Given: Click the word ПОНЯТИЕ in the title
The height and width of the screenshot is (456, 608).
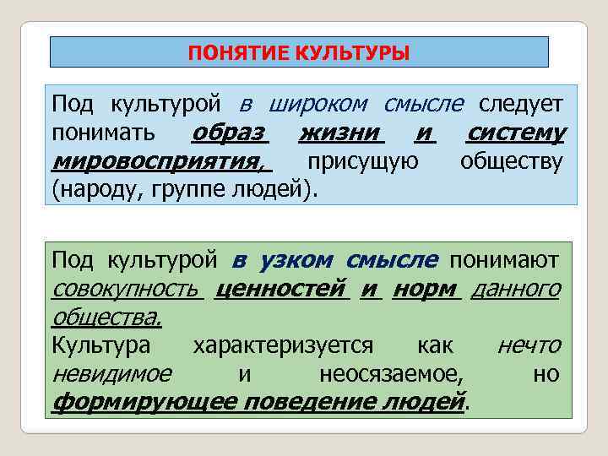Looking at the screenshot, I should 238,54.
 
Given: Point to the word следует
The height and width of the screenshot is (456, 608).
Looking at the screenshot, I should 520,105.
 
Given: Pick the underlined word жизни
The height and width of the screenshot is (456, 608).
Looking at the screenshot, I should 341,133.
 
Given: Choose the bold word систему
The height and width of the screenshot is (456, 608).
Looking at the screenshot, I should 516,133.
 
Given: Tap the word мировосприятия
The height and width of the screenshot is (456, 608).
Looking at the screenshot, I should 157,160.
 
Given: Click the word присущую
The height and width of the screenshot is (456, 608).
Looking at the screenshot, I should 362,160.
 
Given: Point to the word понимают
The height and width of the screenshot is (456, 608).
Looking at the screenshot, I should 504,261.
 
